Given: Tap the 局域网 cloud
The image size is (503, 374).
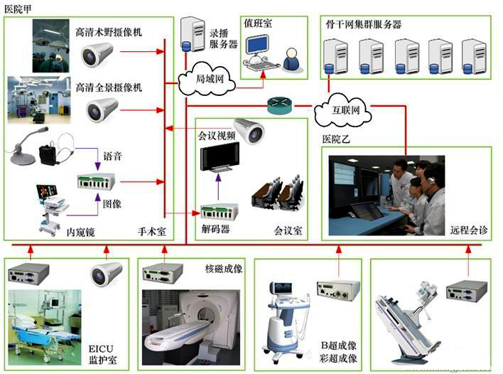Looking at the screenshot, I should [x=210, y=77].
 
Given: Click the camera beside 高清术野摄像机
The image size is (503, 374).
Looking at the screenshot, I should [x=97, y=53].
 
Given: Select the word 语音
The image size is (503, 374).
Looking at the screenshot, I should [x=113, y=156].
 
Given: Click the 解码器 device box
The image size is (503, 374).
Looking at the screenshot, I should [x=219, y=211].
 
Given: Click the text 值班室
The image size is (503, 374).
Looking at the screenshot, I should [x=258, y=23].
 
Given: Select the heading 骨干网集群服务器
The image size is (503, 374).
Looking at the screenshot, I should [x=370, y=23].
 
